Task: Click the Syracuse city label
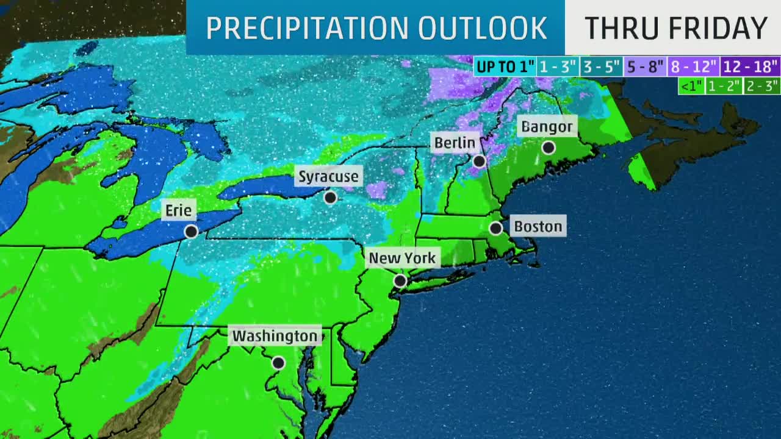pyautogui.click(x=328, y=177)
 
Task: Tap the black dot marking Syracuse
pyautogui.click(x=330, y=198)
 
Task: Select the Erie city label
pyautogui.click(x=179, y=211)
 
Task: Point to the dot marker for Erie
pyautogui.click(x=191, y=231)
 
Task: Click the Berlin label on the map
pyautogui.click(x=455, y=143)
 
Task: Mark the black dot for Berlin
pyautogui.click(x=479, y=161)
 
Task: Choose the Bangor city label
pyautogui.click(x=547, y=127)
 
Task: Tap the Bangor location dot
pyautogui.click(x=548, y=148)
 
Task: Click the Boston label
pyautogui.click(x=538, y=227)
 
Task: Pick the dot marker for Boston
pyautogui.click(x=495, y=228)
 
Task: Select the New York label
pyautogui.click(x=402, y=258)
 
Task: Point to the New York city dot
pyautogui.click(x=400, y=280)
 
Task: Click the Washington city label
pyautogui.click(x=275, y=336)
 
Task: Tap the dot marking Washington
pyautogui.click(x=278, y=363)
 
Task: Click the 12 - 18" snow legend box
pyautogui.click(x=750, y=66)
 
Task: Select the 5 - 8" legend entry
pyautogui.click(x=646, y=66)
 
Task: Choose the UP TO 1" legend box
pyautogui.click(x=505, y=66)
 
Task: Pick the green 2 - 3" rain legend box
pyautogui.click(x=763, y=86)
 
